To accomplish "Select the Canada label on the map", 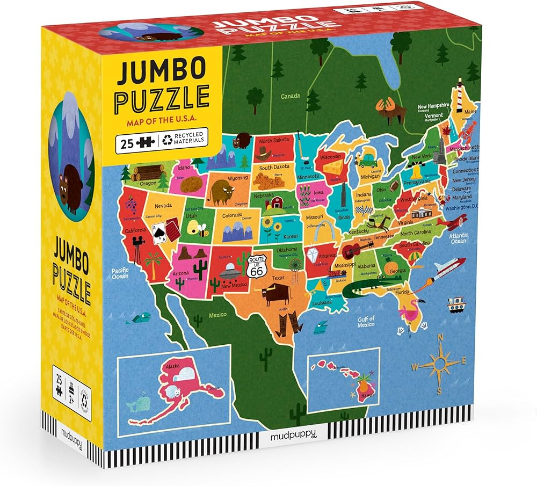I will pyautogui.click(x=291, y=97).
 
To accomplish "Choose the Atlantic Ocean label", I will pyautogui.click(x=459, y=238).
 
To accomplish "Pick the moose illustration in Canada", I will pyautogui.click(x=387, y=107).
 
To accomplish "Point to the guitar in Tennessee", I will pyautogui.click(x=357, y=248).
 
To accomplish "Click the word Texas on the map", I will pyautogui.click(x=278, y=278).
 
